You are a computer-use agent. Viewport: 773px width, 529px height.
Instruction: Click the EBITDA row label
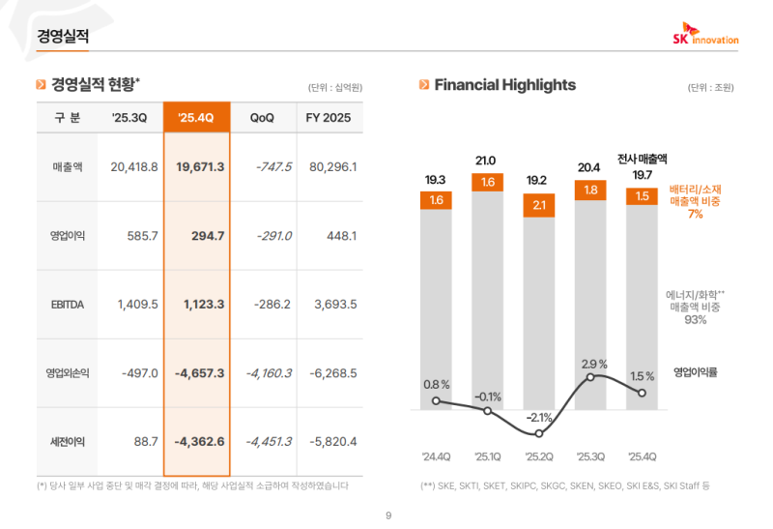[x=68, y=304]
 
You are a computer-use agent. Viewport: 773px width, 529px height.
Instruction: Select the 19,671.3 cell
[x=201, y=167]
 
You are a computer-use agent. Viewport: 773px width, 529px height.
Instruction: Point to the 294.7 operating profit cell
[x=204, y=235]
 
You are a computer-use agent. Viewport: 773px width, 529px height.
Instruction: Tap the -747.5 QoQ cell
[x=273, y=167]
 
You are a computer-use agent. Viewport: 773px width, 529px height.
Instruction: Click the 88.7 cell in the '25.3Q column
[x=146, y=441]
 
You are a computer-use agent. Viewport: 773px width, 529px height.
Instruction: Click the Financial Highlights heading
[x=504, y=85]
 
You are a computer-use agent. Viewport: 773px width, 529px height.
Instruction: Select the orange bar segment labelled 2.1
[x=538, y=205]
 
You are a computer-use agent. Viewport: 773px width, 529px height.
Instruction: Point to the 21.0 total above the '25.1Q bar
[x=486, y=161]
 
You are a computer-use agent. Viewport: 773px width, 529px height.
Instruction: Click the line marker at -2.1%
[x=538, y=432]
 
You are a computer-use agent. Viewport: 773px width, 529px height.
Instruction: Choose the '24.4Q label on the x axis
[x=436, y=456]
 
